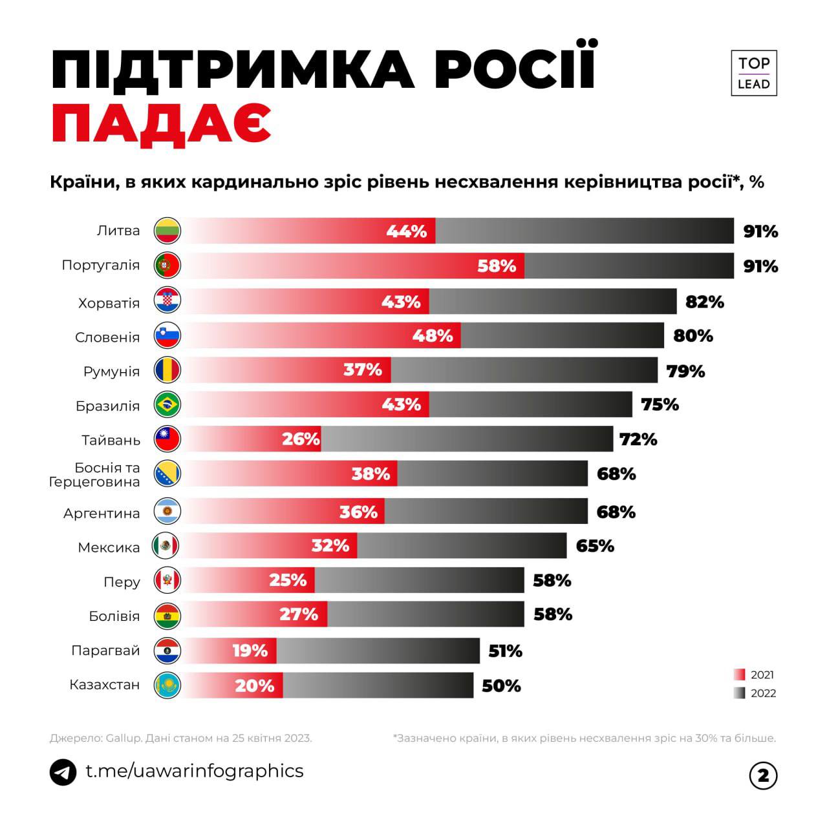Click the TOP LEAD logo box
[753, 73]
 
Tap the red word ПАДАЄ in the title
[161, 123]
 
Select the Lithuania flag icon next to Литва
[167, 231]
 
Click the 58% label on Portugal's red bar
[497, 266]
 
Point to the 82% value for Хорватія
[704, 302]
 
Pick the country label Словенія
[107, 337]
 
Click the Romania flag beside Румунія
[167, 370]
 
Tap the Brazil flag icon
[167, 405]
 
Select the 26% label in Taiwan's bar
[301, 439]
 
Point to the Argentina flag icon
[167, 512]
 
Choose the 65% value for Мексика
[595, 546]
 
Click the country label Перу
[122, 581]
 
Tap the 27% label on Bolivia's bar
[299, 614]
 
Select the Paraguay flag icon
[167, 651]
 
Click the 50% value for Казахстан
[501, 686]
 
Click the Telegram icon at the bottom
[63, 772]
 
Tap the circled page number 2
[763, 775]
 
